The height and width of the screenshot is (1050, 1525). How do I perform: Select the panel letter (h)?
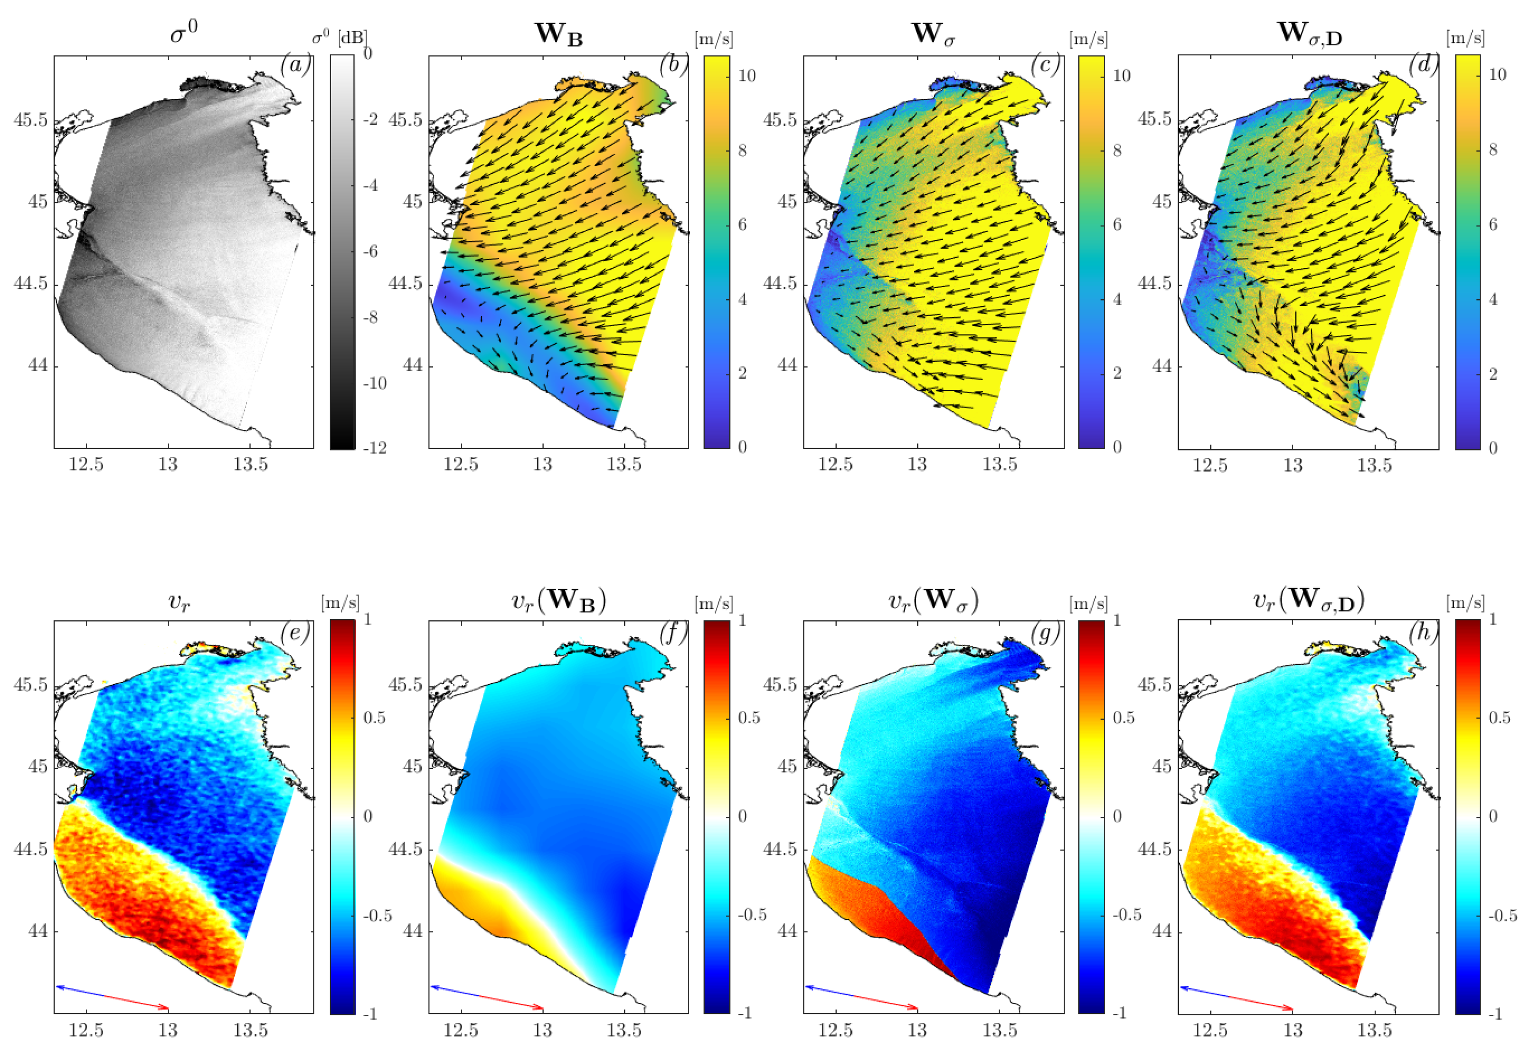pos(1422,632)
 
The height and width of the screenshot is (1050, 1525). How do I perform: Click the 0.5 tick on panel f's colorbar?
pos(749,718)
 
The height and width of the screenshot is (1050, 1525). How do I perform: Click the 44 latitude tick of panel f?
pos(413,931)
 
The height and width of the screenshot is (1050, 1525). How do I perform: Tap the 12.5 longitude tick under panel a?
pos(86,465)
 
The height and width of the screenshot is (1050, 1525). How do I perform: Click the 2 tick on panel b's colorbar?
pos(742,373)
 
